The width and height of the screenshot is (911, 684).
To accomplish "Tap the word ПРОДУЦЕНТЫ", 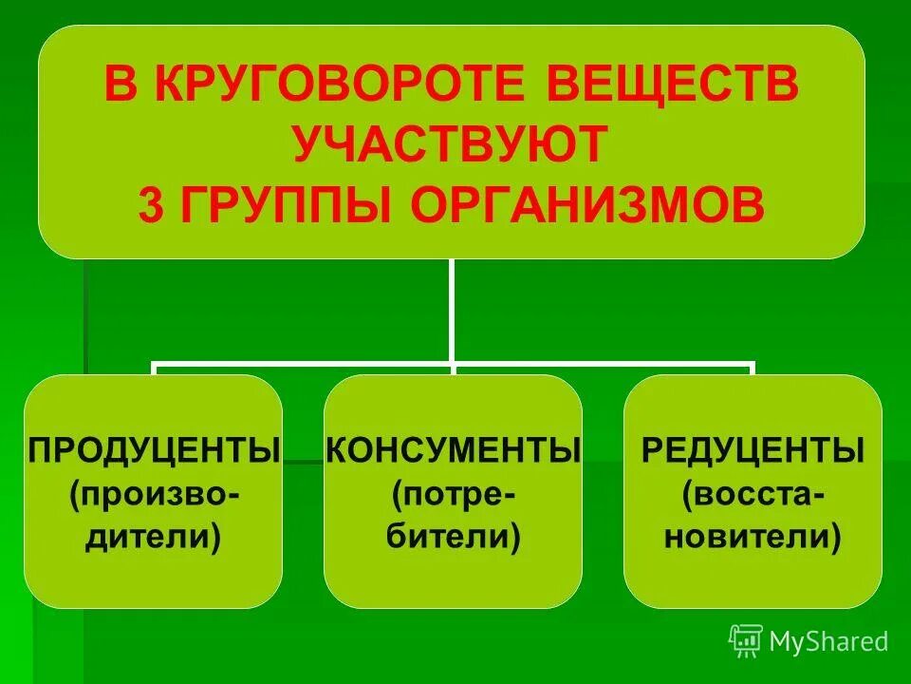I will pos(155,448).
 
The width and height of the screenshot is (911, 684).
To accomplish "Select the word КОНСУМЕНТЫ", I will pos(453,448).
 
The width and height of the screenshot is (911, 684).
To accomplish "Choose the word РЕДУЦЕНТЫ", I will pos(753,448).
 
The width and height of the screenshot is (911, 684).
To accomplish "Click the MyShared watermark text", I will pos(829,641).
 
